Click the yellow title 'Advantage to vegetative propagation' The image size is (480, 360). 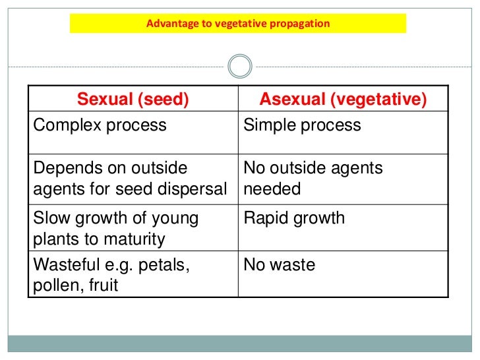click(x=238, y=24)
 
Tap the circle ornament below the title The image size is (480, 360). click(x=239, y=66)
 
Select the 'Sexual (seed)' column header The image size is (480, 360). click(x=133, y=100)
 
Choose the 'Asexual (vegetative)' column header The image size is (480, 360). click(x=343, y=100)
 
